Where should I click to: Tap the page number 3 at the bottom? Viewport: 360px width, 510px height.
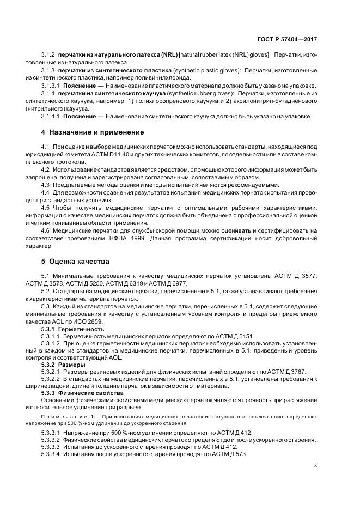coord(316,465)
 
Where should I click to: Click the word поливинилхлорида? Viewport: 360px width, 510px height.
coord(165,78)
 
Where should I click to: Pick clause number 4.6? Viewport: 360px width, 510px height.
coord(45,230)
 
